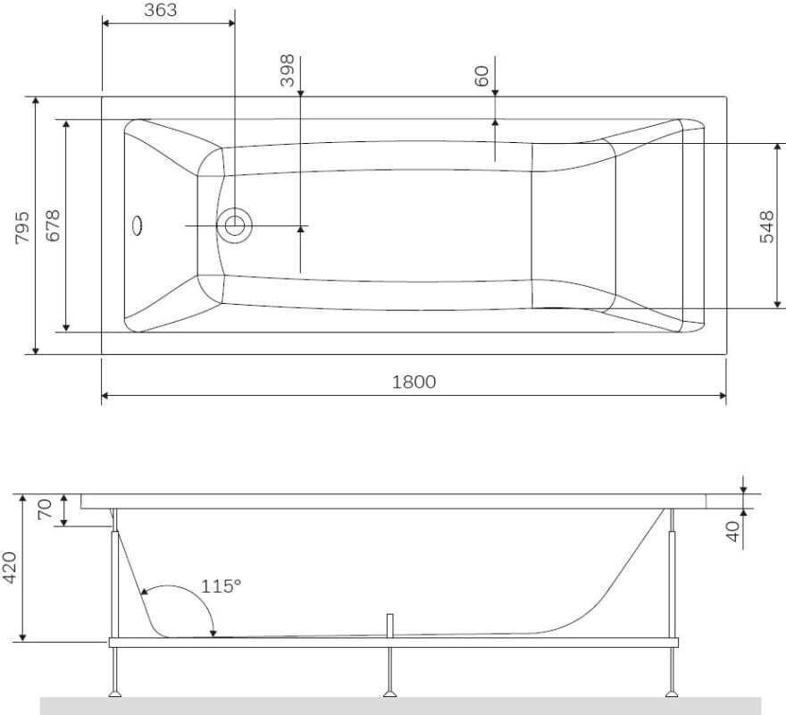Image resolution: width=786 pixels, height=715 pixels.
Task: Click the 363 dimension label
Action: [161, 10]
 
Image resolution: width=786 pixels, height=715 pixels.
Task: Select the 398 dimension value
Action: [288, 71]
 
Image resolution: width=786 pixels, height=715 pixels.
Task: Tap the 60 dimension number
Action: [481, 76]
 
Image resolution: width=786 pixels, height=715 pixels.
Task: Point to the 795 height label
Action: [22, 227]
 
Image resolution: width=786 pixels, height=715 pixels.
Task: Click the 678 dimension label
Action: [53, 226]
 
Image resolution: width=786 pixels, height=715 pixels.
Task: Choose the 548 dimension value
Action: [766, 227]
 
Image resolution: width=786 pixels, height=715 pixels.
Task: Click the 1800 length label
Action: [414, 382]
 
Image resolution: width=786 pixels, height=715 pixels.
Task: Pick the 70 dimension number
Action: [45, 509]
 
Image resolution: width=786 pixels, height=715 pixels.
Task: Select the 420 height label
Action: [10, 568]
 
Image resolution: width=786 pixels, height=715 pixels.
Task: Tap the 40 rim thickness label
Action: [733, 532]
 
